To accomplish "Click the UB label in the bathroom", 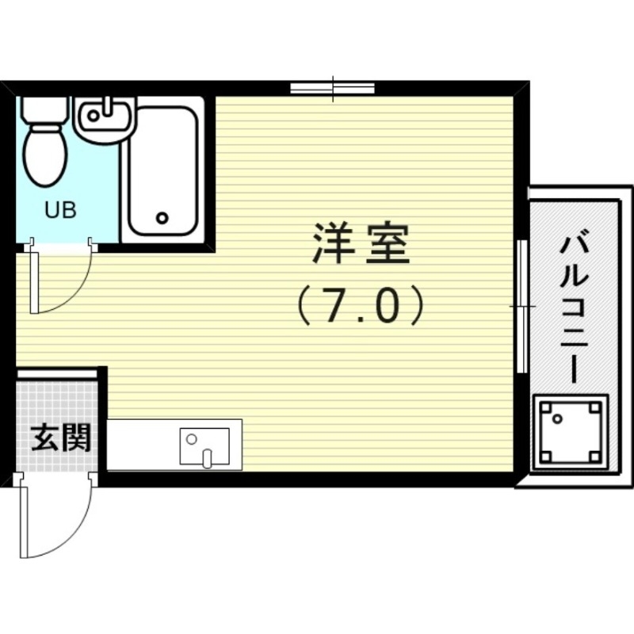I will tap(59, 211).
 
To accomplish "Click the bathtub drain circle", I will tap(162, 217).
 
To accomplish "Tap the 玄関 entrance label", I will tap(59, 436).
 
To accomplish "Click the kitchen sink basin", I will tap(204, 445).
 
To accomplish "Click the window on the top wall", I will tap(332, 87).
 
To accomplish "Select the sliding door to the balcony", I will tap(521, 305).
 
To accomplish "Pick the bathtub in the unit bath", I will tap(162, 170).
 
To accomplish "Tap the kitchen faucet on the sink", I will tap(208, 457).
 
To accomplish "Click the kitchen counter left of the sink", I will tap(143, 445).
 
